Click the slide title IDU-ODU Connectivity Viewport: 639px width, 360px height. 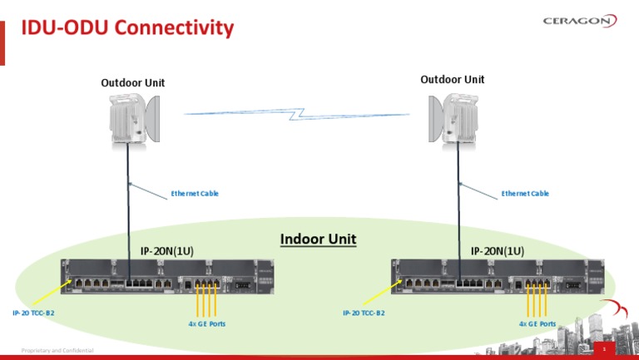click(x=127, y=28)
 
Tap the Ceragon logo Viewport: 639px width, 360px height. click(x=579, y=22)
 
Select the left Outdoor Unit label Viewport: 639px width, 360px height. click(x=132, y=82)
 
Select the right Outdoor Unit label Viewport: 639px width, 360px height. click(x=452, y=80)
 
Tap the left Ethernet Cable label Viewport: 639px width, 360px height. click(x=195, y=194)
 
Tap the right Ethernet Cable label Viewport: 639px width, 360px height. click(x=525, y=194)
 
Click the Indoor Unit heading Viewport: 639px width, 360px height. click(x=318, y=239)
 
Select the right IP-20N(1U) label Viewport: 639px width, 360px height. click(x=498, y=250)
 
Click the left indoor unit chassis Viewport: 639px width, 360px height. click(x=167, y=275)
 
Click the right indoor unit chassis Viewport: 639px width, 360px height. click(x=498, y=275)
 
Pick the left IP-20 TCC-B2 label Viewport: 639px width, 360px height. click(x=33, y=313)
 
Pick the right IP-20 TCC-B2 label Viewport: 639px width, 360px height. click(x=364, y=313)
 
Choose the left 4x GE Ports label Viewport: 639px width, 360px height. click(x=206, y=323)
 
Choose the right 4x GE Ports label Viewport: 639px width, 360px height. click(x=537, y=323)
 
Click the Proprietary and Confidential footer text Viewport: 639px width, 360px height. click(x=57, y=351)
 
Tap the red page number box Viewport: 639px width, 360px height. click(x=603, y=350)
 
